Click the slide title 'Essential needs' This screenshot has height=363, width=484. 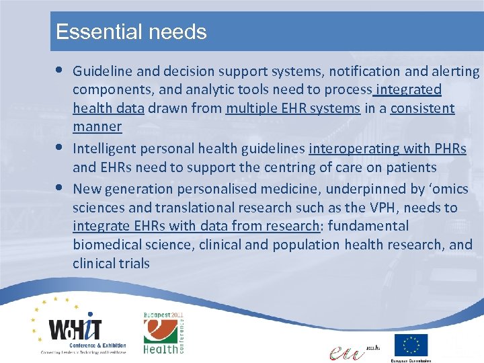pos(131,32)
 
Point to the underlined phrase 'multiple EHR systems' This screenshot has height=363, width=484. pos(293,108)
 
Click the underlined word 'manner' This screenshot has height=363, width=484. pos(97,126)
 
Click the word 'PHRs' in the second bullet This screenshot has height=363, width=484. pos(450,149)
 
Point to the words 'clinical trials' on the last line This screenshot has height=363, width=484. pos(111,264)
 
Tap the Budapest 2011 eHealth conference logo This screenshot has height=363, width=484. pos(163,332)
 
